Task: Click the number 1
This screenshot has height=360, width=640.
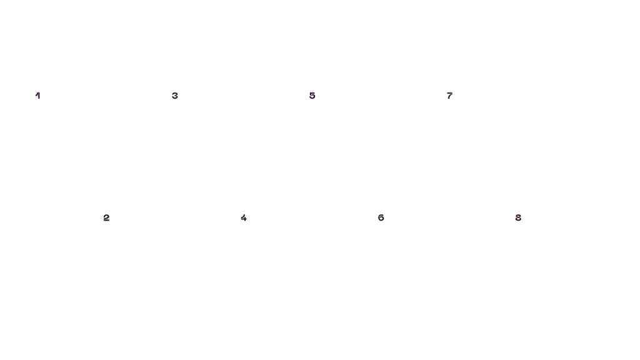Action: tap(37, 96)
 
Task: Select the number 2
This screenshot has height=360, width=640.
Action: tap(106, 217)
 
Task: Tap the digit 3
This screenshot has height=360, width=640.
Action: tap(175, 96)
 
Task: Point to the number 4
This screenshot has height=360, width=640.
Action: tap(244, 217)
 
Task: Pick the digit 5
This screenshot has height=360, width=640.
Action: tap(312, 96)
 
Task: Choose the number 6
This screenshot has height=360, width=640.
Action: tap(381, 217)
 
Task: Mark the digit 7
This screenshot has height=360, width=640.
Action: tap(449, 96)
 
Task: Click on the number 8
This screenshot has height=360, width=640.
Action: tap(518, 217)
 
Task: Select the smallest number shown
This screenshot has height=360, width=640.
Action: tap(37, 96)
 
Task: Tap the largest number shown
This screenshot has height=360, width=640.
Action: tap(518, 217)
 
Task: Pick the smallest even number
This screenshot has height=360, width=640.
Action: tap(106, 217)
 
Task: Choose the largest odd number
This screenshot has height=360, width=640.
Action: tap(449, 96)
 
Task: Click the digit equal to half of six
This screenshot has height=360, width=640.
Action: tap(175, 96)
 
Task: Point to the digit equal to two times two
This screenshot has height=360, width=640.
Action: tap(244, 217)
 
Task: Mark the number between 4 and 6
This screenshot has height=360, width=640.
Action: tap(312, 96)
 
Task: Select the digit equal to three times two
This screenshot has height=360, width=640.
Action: tap(381, 217)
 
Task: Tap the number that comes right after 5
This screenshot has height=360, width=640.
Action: tap(381, 217)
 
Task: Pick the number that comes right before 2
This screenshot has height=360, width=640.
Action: tap(37, 96)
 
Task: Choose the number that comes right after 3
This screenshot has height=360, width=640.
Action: tap(244, 217)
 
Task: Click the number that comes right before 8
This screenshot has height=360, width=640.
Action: tap(449, 96)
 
